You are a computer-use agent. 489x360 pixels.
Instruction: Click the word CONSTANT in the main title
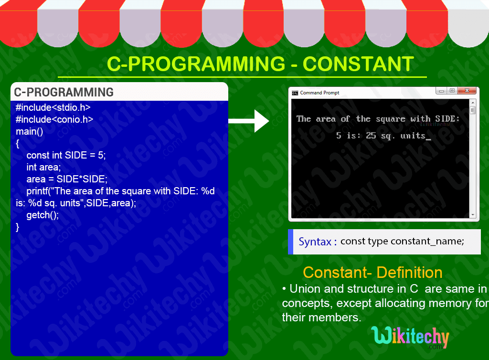click(358, 64)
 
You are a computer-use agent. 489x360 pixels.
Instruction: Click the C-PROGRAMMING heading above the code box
click(64, 92)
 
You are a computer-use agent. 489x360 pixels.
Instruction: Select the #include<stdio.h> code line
click(53, 107)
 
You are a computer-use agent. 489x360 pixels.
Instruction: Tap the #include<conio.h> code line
click(54, 119)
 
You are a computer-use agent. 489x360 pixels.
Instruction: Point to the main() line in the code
click(29, 131)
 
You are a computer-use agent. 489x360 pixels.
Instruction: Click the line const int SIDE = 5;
click(66, 155)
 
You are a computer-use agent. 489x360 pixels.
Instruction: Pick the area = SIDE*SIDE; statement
click(67, 179)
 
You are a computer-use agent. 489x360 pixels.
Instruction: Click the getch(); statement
click(43, 215)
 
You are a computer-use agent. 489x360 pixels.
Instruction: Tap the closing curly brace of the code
click(18, 227)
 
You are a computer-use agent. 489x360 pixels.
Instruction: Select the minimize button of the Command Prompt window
click(440, 91)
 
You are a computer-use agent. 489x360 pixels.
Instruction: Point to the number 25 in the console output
click(371, 136)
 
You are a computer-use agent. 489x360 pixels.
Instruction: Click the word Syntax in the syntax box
click(315, 242)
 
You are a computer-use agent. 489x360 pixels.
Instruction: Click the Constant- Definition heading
click(372, 273)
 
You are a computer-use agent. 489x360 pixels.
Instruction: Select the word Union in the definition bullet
click(306, 289)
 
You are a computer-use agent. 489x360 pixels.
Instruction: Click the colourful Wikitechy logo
click(410, 337)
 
